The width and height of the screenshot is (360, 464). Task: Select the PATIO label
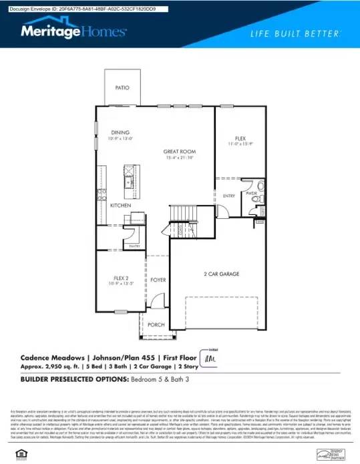click(x=122, y=87)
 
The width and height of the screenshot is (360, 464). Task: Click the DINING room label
click(x=121, y=132)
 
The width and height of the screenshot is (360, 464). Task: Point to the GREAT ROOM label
click(x=178, y=152)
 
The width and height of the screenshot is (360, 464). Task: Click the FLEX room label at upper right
click(x=240, y=138)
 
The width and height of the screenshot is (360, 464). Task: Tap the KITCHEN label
click(x=120, y=205)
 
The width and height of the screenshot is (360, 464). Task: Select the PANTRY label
click(x=134, y=246)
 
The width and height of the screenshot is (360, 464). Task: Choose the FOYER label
click(x=158, y=280)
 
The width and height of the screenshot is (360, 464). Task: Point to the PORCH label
click(x=156, y=324)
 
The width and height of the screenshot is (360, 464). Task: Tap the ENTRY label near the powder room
click(x=229, y=196)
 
